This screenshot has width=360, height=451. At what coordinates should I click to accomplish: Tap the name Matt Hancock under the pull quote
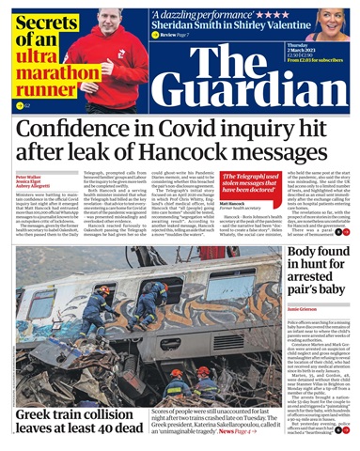[233, 203]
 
